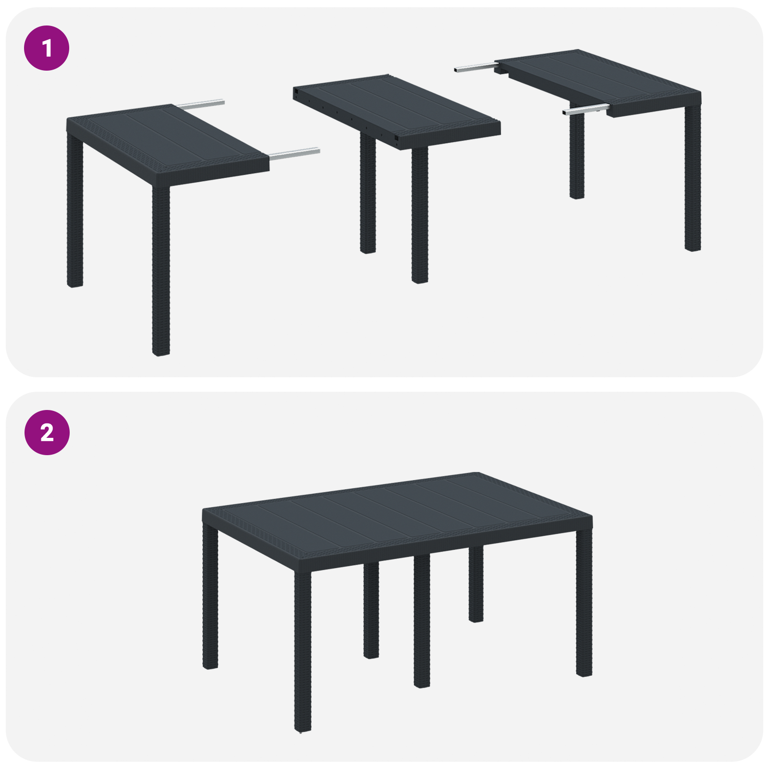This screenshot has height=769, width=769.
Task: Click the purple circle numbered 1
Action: point(47,48)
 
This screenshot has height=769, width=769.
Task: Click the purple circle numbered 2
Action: point(47,433)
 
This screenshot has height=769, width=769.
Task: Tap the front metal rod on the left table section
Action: point(294,153)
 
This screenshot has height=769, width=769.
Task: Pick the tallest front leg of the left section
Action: point(161,269)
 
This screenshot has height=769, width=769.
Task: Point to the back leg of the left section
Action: point(75,211)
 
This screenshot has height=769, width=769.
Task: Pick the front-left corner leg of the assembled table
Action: point(302,649)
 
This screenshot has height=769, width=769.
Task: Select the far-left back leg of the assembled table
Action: point(210,596)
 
